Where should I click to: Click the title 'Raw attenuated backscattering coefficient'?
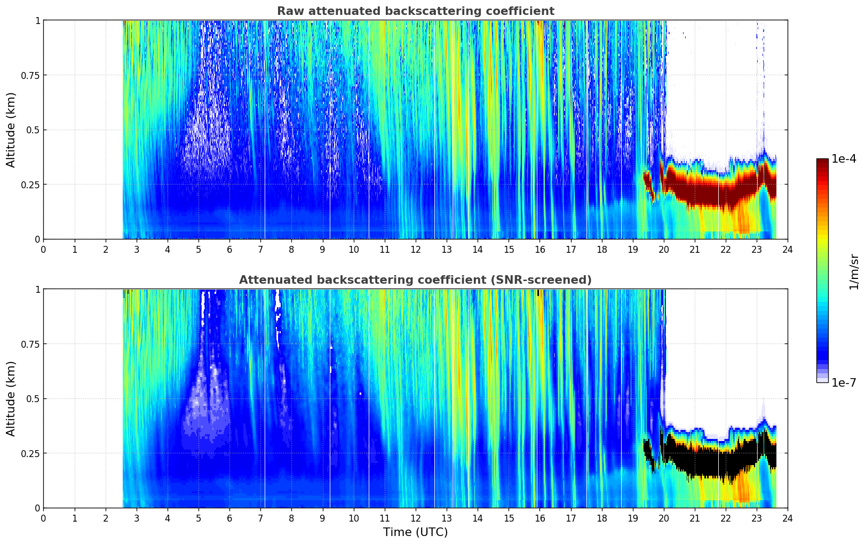click(415, 11)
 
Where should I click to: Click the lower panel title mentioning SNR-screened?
click(415, 280)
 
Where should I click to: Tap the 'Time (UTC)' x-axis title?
click(415, 532)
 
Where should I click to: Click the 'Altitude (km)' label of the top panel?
click(11, 130)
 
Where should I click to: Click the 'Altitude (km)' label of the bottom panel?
click(11, 398)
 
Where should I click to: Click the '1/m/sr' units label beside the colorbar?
click(854, 271)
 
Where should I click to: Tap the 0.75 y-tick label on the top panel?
click(31, 75)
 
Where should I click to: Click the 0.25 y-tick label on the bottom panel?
click(31, 453)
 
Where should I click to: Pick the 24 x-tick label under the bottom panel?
click(788, 518)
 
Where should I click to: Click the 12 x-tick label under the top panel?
click(416, 249)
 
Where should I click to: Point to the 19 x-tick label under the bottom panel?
click(632, 518)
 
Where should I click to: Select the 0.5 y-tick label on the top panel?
click(34, 130)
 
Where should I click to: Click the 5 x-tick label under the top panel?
click(199, 249)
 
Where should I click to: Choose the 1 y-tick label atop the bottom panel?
click(37, 290)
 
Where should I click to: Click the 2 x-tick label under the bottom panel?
click(106, 518)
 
